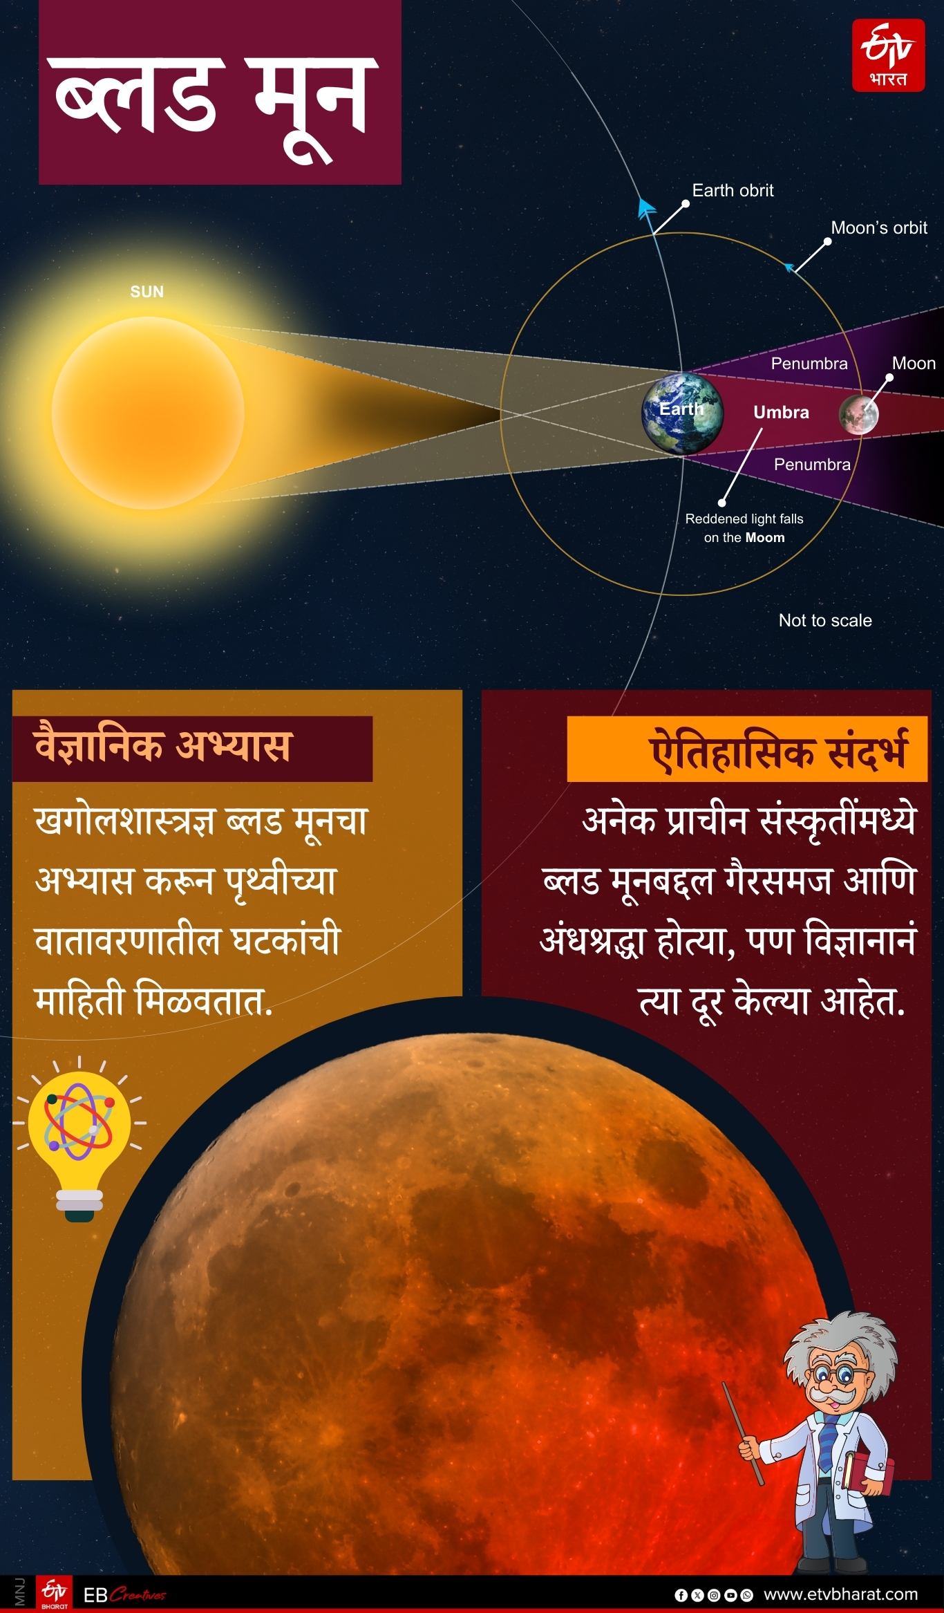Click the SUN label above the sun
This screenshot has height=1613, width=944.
click(x=147, y=292)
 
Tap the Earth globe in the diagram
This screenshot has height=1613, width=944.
click(x=682, y=413)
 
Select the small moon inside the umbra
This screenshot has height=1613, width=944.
click(x=858, y=415)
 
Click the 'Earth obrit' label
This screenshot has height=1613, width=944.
click(x=733, y=191)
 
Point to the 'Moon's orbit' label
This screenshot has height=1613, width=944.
click(x=878, y=228)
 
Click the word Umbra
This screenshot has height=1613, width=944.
click(x=781, y=413)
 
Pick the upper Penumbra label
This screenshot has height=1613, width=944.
click(x=809, y=364)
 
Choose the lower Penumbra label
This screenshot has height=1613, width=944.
click(x=812, y=465)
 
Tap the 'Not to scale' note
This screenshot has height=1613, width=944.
click(x=825, y=621)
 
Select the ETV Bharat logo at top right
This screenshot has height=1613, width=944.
click(x=888, y=55)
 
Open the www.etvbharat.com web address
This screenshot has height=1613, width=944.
click(x=840, y=1594)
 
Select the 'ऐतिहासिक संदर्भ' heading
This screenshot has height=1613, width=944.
click(x=777, y=751)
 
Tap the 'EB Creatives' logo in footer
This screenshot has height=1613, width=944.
click(x=124, y=1595)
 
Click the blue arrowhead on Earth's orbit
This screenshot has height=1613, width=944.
click(x=646, y=208)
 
